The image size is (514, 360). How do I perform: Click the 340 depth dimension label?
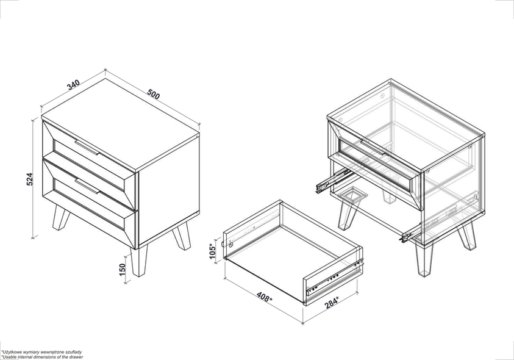coord(73,85)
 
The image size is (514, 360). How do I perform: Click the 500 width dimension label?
coord(154,94)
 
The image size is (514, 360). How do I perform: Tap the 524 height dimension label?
coord(30,179)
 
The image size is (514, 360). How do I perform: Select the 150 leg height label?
coord(123,270)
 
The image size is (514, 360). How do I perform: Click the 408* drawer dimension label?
coord(263,297)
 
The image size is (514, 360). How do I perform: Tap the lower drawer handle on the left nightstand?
coord(87,185)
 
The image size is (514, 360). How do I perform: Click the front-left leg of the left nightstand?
coord(61,218)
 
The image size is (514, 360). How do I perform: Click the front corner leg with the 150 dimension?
coord(139,262)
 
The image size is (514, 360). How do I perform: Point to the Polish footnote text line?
coord(41,352)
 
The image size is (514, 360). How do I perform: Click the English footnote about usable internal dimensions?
coord(42,357)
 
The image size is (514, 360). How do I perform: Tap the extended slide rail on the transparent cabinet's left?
coord(332,181)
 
